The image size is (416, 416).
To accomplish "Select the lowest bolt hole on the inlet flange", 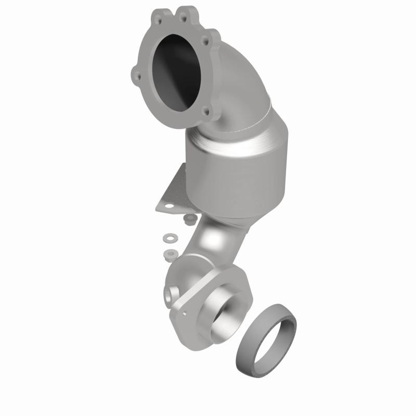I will point(207,111).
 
